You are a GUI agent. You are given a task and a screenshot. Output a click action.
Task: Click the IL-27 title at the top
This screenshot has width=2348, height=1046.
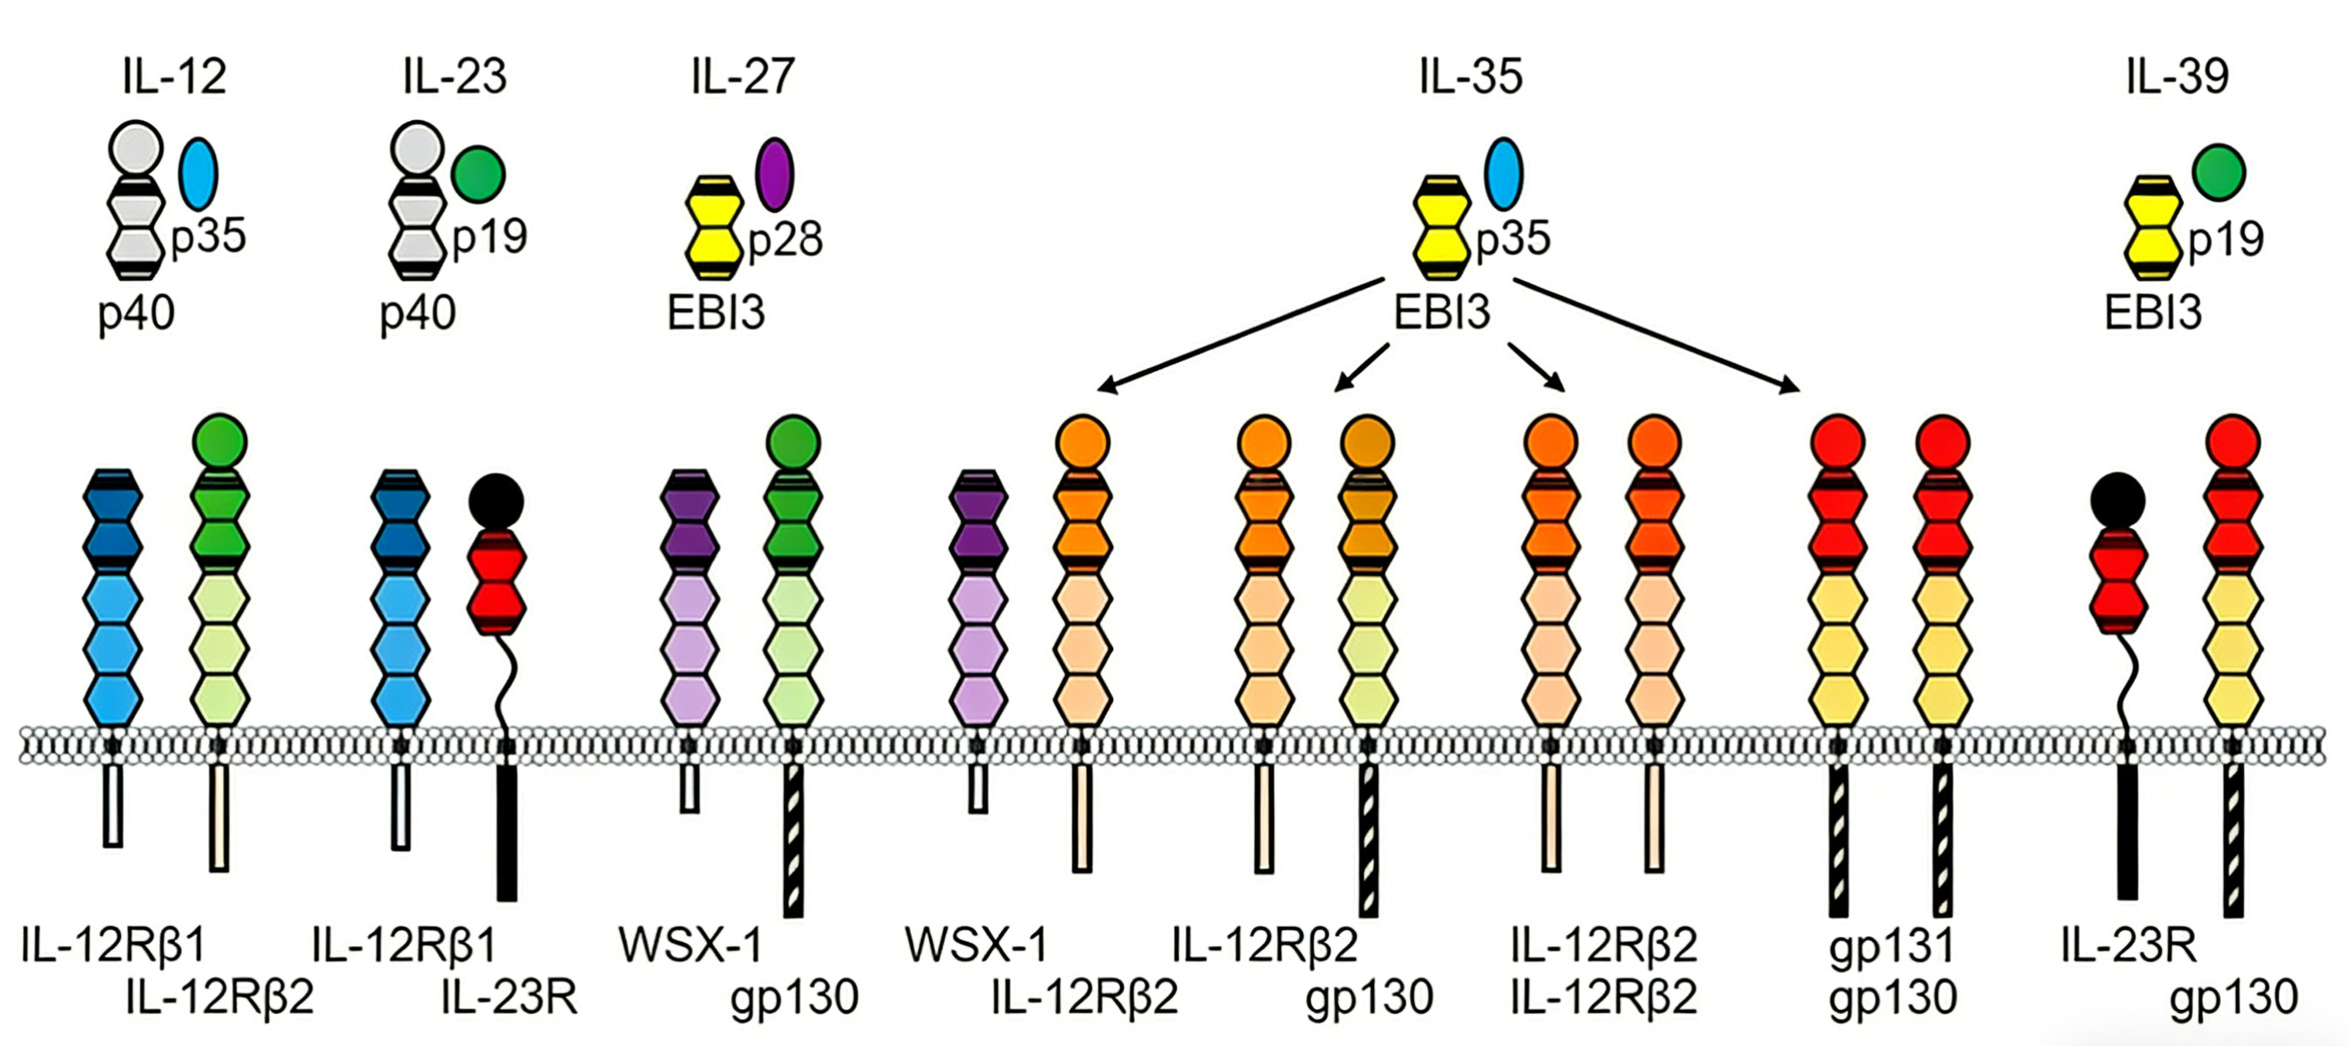(743, 76)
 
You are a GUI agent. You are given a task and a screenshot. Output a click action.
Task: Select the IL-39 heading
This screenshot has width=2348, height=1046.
(2178, 76)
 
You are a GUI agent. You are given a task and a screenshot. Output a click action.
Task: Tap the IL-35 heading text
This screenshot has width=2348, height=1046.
(1470, 76)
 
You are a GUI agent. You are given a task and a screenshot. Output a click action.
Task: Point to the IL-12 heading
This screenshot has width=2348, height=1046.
(174, 76)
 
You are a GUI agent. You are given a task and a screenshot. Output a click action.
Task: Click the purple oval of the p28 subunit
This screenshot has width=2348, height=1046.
(775, 174)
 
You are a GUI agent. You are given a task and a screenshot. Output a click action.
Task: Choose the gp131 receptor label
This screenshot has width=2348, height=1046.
(1892, 946)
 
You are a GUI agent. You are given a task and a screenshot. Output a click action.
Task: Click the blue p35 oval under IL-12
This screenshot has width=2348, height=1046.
(198, 173)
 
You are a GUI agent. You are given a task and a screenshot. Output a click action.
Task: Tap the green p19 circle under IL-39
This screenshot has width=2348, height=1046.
(2218, 173)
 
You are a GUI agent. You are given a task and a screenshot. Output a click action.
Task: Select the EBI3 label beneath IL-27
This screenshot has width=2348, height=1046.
(715, 313)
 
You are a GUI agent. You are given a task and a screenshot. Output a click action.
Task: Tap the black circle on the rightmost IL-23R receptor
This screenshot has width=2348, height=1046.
(2117, 500)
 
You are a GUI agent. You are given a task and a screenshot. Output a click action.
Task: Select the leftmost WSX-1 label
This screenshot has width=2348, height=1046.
(690, 946)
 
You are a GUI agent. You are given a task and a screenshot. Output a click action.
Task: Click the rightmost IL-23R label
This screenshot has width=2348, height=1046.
(2128, 946)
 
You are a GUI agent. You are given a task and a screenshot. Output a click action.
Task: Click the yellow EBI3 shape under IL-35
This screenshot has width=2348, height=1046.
(1441, 227)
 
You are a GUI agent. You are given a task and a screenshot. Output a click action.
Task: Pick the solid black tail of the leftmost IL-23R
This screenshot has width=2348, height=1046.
(507, 832)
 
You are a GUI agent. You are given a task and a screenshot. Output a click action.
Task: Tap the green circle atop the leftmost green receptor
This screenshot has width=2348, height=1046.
(220, 442)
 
